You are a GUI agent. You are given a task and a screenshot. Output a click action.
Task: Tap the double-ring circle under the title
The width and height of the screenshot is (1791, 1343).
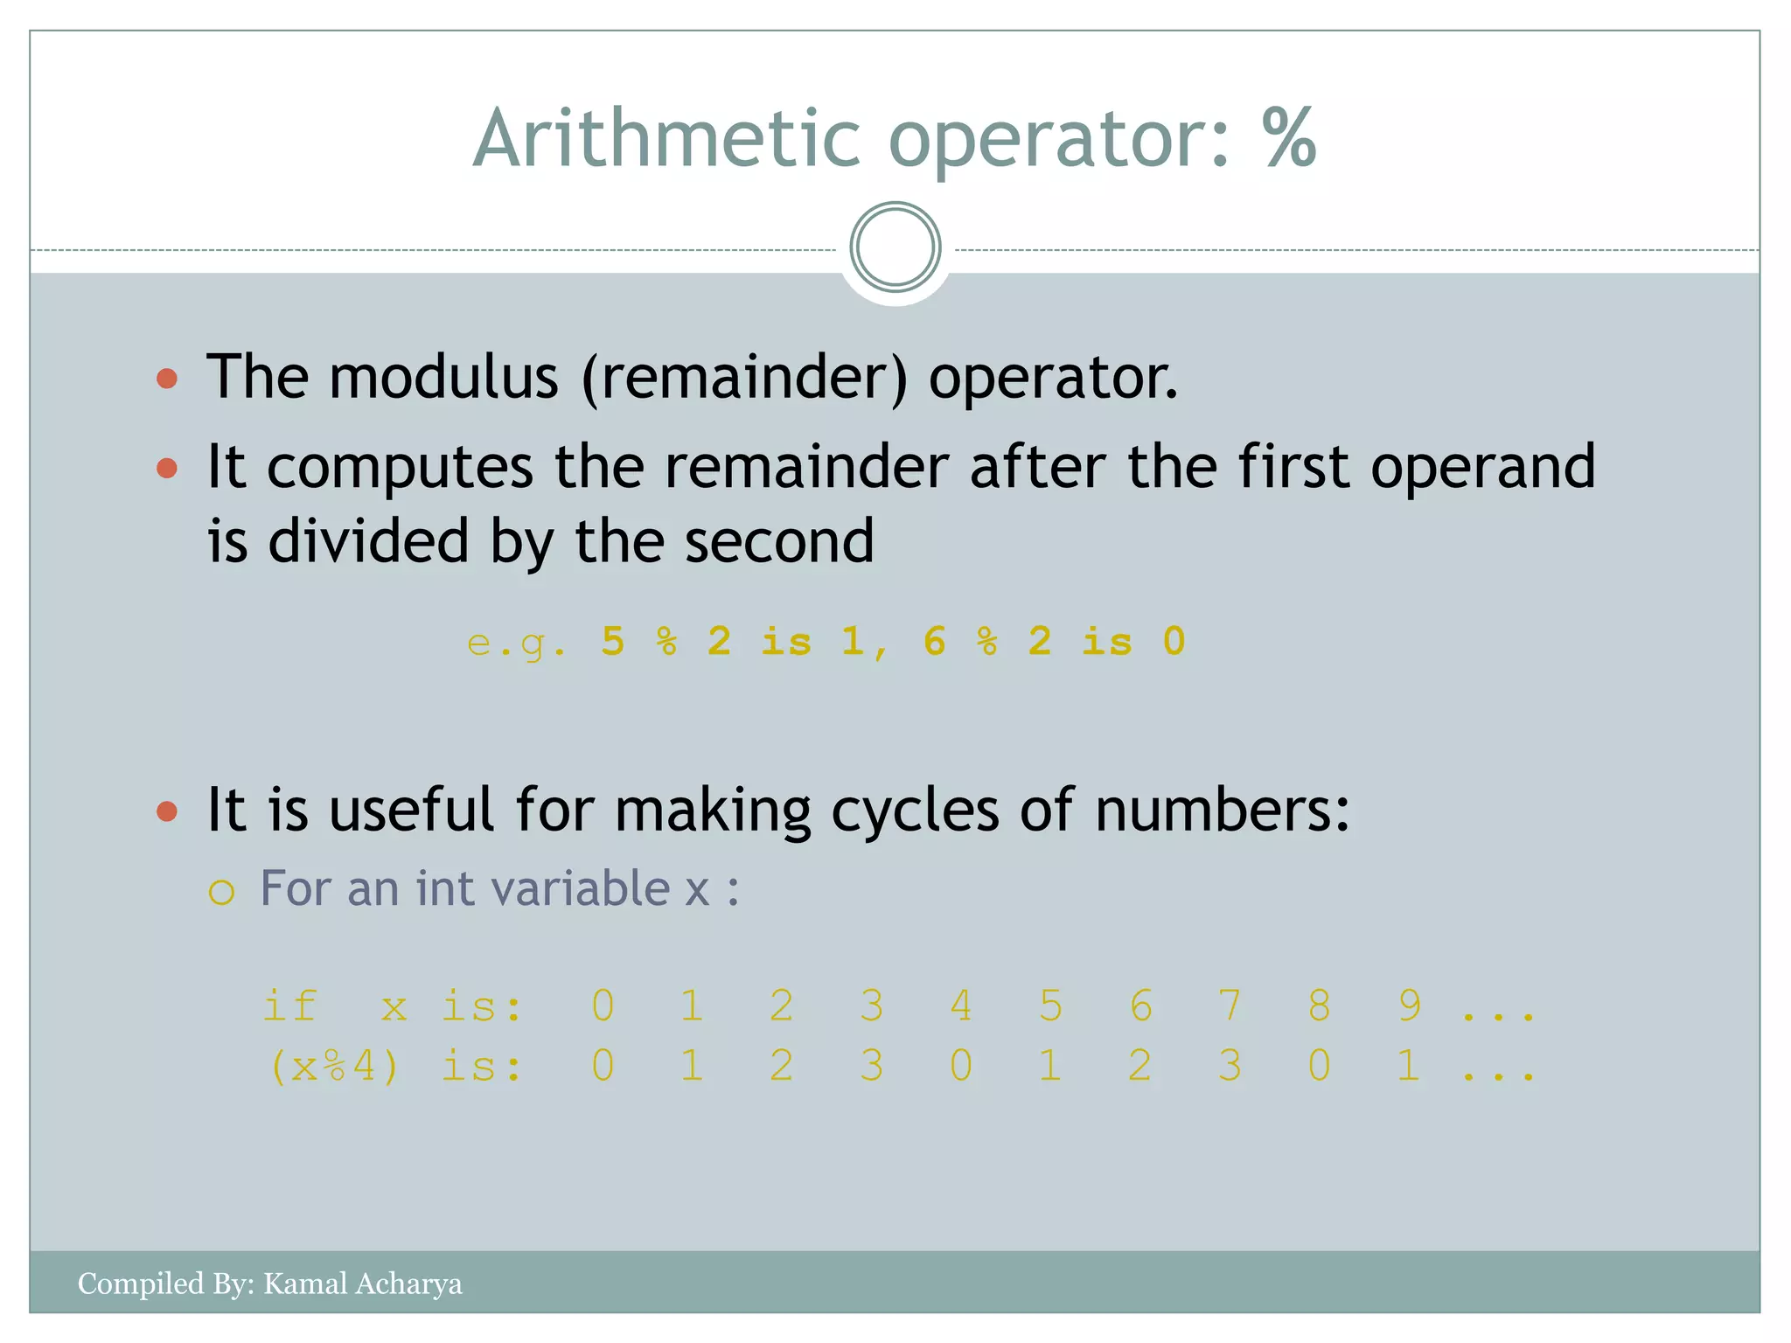[x=895, y=247]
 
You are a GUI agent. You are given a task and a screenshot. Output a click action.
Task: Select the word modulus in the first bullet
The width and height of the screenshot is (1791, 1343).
[x=443, y=378]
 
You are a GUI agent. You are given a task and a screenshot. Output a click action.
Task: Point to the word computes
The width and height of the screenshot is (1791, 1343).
[x=400, y=468]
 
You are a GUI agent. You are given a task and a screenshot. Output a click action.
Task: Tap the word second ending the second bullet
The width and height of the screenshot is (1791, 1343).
[x=779, y=541]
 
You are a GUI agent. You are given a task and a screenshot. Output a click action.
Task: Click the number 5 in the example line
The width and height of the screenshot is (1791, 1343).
[x=613, y=642]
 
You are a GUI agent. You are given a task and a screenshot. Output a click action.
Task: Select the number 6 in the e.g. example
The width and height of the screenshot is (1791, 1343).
[x=935, y=642]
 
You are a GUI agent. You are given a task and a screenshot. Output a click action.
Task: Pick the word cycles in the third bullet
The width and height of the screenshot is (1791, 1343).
[x=915, y=811]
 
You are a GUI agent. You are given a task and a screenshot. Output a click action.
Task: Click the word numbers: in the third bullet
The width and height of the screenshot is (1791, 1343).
[x=1222, y=811]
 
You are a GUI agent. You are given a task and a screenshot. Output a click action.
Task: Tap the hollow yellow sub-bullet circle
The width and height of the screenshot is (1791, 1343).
[x=222, y=892]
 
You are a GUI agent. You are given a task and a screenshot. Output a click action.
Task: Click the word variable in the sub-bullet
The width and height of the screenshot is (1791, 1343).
[x=582, y=888]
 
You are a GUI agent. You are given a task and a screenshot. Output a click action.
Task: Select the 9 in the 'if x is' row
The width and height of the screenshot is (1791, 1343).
[x=1409, y=1006]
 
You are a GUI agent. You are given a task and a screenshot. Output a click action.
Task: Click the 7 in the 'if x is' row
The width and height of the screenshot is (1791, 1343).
[x=1230, y=1006]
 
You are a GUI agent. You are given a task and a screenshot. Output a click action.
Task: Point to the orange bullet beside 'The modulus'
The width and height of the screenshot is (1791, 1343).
[x=167, y=379]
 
